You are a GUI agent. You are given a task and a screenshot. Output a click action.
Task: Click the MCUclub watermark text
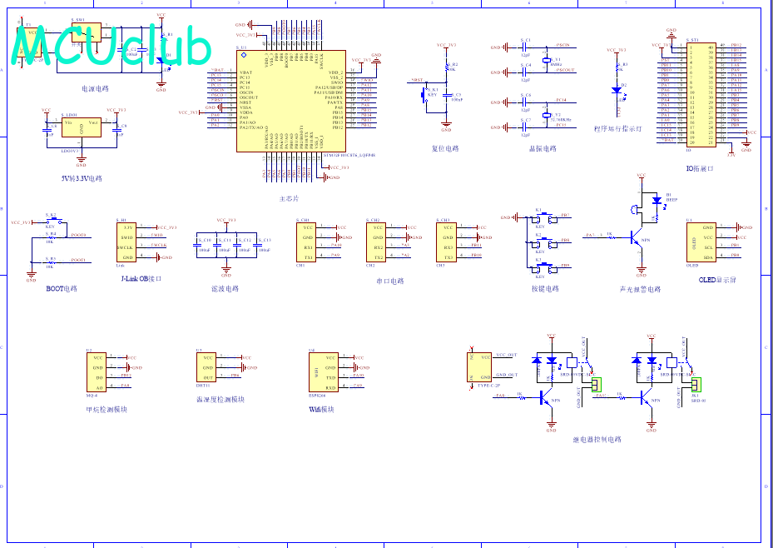click(111, 47)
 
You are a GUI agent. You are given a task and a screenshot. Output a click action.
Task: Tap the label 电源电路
click(95, 88)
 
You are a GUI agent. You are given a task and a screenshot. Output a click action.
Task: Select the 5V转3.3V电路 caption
click(82, 178)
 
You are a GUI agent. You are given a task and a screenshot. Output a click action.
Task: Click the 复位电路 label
click(445, 149)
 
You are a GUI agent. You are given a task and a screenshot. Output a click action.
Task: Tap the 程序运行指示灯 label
click(617, 129)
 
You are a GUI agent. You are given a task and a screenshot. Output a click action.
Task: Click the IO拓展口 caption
click(700, 169)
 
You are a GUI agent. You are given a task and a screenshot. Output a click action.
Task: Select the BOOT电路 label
click(62, 289)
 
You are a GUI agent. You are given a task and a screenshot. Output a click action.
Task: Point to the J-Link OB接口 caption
click(141, 279)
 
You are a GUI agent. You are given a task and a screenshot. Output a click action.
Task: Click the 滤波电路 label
click(225, 289)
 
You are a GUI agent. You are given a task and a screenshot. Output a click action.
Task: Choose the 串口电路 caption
click(389, 281)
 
